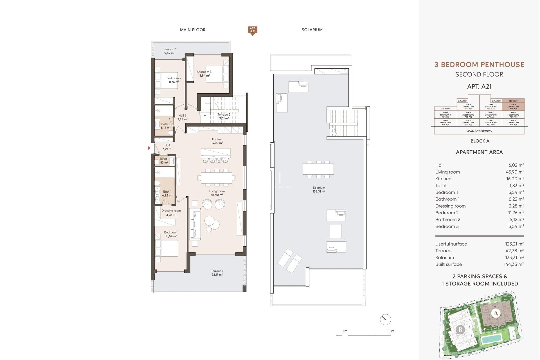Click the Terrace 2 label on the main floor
[169, 51]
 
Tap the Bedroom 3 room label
[204, 73]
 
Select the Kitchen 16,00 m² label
[217, 141]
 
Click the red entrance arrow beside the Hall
[149, 148]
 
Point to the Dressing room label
[171, 213]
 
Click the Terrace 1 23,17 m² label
[217, 273]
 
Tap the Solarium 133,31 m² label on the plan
[319, 189]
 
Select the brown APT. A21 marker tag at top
[253, 30]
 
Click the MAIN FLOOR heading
[193, 30]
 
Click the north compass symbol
[385, 319]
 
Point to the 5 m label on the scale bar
[391, 331]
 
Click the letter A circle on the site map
[496, 313]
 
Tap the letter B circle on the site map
[460, 329]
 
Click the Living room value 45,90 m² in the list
[514, 172]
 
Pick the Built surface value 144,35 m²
[513, 264]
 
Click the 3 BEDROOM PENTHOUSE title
[479, 64]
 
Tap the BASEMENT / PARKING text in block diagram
[480, 131]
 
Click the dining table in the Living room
[217, 178]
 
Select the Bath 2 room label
[165, 126]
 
